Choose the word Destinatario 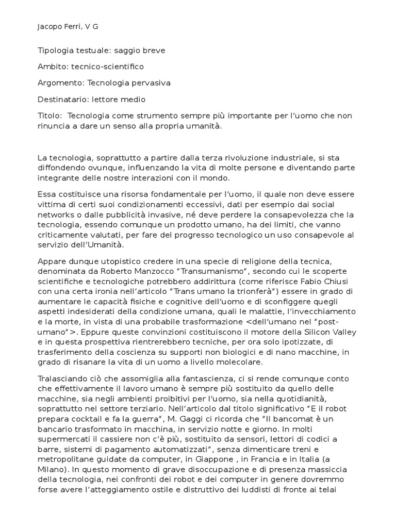(63, 98)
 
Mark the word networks (56, 214)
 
